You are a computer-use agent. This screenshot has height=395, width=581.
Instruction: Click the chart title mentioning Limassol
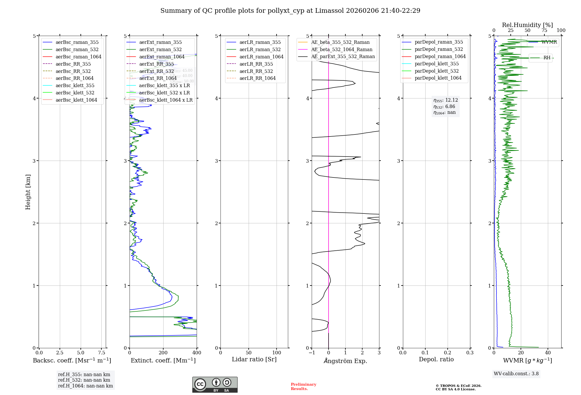pyautogui.click(x=290, y=11)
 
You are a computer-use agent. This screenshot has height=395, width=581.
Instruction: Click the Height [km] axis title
pyautogui.click(x=28, y=192)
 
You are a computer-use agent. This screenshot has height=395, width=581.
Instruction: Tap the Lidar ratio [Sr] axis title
pyautogui.click(x=254, y=360)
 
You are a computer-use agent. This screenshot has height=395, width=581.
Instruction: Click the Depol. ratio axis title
pyautogui.click(x=436, y=360)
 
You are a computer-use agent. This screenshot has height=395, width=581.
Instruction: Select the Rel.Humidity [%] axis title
pyautogui.click(x=527, y=25)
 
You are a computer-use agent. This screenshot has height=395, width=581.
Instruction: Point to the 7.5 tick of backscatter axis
pyautogui.click(x=101, y=353)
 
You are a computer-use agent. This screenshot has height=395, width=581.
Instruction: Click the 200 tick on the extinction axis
pyautogui.click(x=163, y=353)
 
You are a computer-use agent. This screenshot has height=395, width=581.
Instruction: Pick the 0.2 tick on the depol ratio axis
pyautogui.click(x=448, y=353)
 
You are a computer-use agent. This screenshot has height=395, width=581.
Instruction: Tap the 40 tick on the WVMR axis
pyautogui.click(x=548, y=353)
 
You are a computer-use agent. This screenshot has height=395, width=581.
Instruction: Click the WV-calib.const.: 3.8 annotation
pyautogui.click(x=516, y=374)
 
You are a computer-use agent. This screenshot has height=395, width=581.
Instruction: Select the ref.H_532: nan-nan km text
pyautogui.click(x=84, y=380)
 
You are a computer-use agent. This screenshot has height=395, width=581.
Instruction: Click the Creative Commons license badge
pyautogui.click(x=215, y=385)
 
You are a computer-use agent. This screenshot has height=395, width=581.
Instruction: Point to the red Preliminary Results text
pyautogui.click(x=303, y=387)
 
